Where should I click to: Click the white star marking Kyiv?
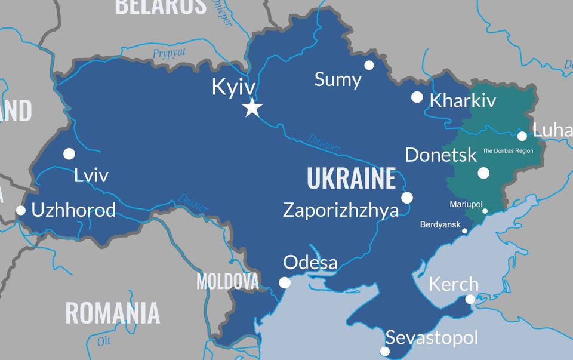(x=252, y=108)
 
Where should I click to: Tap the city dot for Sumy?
(x=369, y=65)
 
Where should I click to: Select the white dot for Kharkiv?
(x=417, y=97)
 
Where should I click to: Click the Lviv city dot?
(x=69, y=154)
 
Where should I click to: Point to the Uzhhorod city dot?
(x=21, y=210)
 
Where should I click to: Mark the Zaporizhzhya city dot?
(x=407, y=198)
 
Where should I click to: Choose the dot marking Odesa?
(x=285, y=282)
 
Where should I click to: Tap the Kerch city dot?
(x=470, y=299)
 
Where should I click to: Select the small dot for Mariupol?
(x=485, y=211)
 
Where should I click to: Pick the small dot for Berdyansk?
(x=465, y=231)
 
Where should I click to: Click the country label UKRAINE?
(x=351, y=178)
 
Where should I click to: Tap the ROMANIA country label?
(x=112, y=313)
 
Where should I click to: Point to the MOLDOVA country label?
(x=227, y=281)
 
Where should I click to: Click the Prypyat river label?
(x=169, y=53)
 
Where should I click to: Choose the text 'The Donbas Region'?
(x=507, y=151)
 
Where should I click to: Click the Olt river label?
(x=104, y=341)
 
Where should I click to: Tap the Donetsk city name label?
(x=440, y=155)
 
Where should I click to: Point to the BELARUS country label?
(x=160, y=6)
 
